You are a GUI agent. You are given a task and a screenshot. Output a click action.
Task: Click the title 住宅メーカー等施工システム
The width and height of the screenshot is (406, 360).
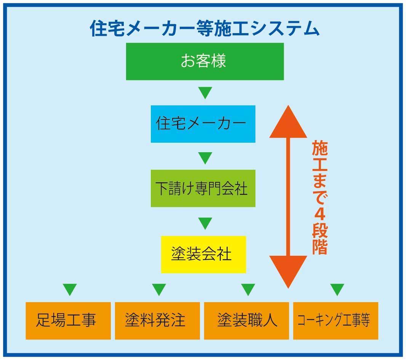tap(205, 28)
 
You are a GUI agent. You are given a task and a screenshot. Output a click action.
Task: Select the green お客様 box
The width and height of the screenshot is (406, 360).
tap(205, 61)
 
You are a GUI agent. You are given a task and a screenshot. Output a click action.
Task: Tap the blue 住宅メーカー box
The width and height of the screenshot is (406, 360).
tap(203, 124)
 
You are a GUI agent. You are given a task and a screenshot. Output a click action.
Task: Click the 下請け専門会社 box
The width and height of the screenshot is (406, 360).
tap(203, 188)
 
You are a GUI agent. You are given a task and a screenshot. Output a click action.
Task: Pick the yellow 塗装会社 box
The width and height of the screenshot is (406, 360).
tap(203, 254)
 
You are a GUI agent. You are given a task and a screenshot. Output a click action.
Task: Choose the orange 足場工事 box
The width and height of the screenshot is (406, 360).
tap(68, 320)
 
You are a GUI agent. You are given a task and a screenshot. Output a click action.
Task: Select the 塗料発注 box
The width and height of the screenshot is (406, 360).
tap(157, 320)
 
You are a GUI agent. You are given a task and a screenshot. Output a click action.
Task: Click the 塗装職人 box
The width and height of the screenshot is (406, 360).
tap(246, 320)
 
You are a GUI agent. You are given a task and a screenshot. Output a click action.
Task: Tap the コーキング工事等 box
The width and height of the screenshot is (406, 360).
tap(336, 320)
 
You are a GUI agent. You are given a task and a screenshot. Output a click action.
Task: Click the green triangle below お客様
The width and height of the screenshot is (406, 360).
tap(205, 92)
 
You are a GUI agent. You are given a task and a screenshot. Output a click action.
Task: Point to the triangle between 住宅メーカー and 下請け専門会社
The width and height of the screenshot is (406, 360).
tap(205, 157)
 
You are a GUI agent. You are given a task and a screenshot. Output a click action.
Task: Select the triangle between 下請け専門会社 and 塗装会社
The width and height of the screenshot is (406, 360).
tap(205, 223)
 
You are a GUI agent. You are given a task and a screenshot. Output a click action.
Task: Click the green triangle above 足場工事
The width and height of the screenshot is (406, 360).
tap(70, 289)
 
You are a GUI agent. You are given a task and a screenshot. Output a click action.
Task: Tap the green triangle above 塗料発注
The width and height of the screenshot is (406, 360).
tap(159, 289)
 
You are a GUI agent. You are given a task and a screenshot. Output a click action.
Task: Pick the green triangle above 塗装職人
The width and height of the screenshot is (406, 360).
tap(248, 289)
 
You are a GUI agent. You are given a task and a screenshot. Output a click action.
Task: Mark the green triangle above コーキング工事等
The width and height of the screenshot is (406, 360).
tap(337, 289)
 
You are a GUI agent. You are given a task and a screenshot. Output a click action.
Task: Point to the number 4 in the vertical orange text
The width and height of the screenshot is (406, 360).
tap(320, 213)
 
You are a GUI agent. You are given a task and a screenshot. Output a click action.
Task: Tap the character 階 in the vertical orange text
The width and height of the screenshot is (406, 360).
tap(320, 246)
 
